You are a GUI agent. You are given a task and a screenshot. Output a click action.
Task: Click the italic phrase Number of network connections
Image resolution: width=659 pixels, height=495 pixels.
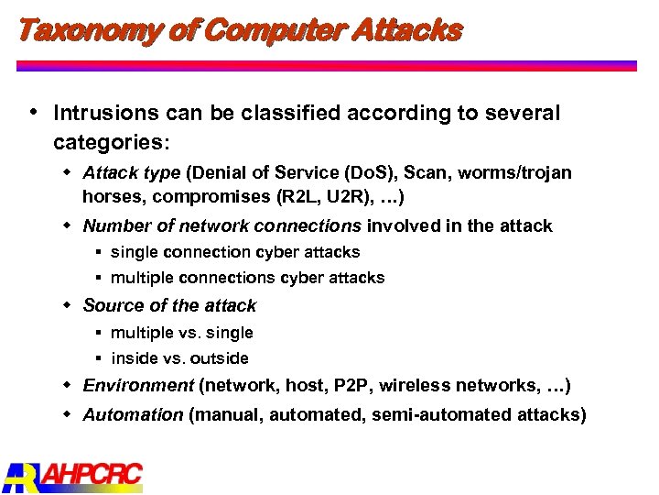click(x=221, y=226)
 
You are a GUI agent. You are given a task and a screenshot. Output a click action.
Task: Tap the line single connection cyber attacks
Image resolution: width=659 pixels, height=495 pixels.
click(x=235, y=252)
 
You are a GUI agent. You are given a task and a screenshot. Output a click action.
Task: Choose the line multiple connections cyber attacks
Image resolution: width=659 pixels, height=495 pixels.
click(x=247, y=278)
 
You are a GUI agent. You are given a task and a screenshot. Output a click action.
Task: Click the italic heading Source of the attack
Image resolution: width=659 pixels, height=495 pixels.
click(x=169, y=305)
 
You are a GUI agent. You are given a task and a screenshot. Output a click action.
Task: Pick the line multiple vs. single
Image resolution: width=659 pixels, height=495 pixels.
click(x=182, y=333)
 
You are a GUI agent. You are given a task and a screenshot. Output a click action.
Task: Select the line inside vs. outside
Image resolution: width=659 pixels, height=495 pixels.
click(x=179, y=358)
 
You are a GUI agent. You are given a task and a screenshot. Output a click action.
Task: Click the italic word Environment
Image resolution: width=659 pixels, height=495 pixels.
click(x=137, y=386)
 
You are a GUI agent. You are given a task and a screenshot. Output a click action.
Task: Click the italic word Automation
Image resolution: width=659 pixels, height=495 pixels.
click(x=133, y=414)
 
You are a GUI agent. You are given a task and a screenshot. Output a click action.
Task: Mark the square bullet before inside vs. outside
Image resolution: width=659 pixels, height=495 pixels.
click(x=97, y=358)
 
